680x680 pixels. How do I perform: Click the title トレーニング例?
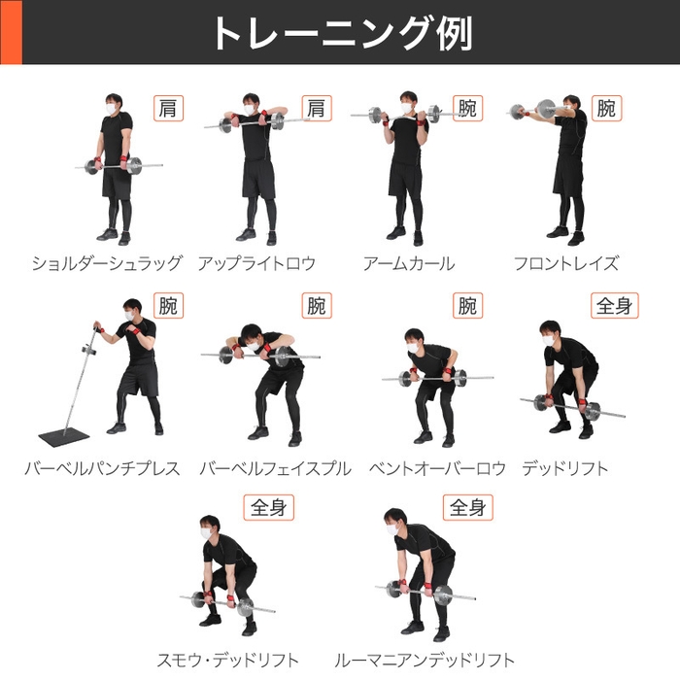(x=340, y=32)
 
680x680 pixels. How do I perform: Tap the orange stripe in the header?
(x=10, y=32)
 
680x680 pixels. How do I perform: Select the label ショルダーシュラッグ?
(x=106, y=263)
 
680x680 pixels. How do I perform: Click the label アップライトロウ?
(x=256, y=263)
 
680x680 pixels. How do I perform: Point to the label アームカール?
(x=408, y=263)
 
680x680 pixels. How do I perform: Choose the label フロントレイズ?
(x=565, y=263)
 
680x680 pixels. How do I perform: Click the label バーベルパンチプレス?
(x=102, y=468)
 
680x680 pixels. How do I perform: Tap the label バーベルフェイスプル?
(x=275, y=468)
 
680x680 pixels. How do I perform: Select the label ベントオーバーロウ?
(x=437, y=468)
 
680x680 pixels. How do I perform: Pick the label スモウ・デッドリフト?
(x=228, y=660)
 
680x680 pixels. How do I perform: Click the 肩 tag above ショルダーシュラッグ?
(x=166, y=108)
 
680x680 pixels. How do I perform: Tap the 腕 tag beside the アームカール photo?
(x=466, y=108)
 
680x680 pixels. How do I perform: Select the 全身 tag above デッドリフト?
(x=614, y=306)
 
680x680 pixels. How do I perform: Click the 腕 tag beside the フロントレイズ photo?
(x=606, y=108)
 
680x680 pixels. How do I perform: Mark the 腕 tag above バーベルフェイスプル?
(x=316, y=306)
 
